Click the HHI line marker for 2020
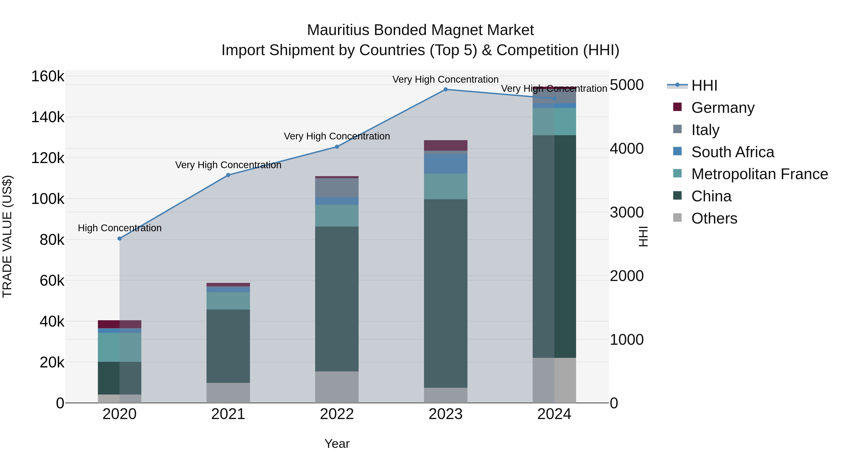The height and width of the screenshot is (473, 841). (119, 239)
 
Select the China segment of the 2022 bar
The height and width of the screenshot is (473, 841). (337, 299)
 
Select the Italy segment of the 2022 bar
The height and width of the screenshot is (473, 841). (337, 188)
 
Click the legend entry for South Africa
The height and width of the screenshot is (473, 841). (732, 152)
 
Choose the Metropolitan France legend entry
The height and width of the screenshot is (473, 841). (759, 174)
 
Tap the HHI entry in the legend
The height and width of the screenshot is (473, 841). (704, 85)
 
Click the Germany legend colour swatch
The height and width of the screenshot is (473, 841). (677, 107)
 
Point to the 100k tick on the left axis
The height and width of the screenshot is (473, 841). (48, 199)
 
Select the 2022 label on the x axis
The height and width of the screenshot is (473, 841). (337, 414)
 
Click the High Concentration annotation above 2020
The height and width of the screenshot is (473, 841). (119, 228)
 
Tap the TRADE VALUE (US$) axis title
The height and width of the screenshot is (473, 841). (7, 236)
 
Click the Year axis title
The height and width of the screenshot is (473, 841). (337, 444)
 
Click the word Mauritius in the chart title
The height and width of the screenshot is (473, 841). (338, 30)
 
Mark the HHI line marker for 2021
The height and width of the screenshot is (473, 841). (228, 175)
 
